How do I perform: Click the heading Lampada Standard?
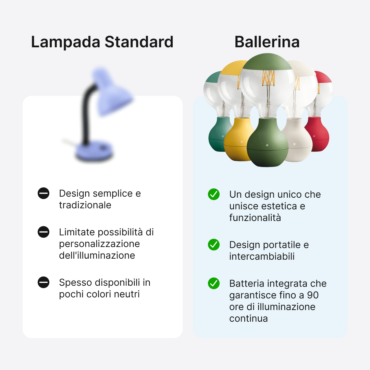click(102, 42)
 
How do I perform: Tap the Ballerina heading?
click(267, 42)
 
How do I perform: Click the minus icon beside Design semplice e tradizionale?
click(44, 194)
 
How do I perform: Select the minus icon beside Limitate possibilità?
click(44, 232)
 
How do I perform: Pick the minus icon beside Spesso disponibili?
click(44, 283)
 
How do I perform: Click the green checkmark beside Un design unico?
click(214, 194)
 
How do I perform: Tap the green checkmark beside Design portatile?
click(214, 245)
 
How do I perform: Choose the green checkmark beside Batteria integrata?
click(214, 283)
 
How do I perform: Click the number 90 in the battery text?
click(312, 295)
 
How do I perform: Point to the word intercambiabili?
click(262, 256)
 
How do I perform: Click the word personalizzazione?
click(99, 244)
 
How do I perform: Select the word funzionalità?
click(255, 218)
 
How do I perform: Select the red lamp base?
click(319, 134)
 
